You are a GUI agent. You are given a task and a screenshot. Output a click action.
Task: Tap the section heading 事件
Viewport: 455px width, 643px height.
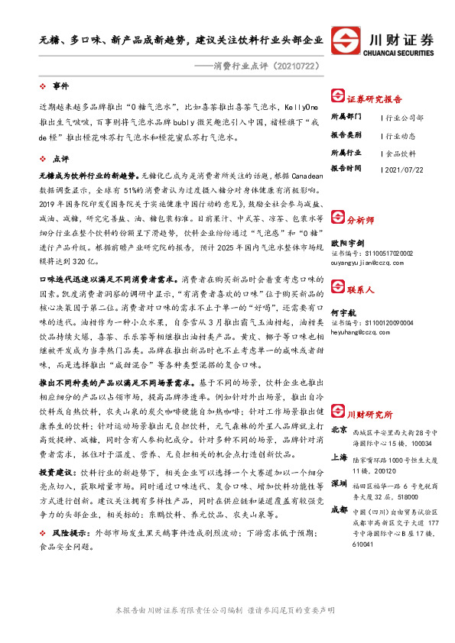pyautogui.click(x=60, y=86)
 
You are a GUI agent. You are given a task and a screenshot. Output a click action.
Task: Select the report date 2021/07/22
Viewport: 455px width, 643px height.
pyautogui.click(x=406, y=169)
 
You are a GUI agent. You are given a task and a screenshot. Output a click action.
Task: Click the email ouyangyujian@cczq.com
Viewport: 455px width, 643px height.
pyautogui.click(x=371, y=263)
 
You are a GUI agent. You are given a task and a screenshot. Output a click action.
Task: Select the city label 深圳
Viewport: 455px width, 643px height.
pyautogui.click(x=340, y=485)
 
